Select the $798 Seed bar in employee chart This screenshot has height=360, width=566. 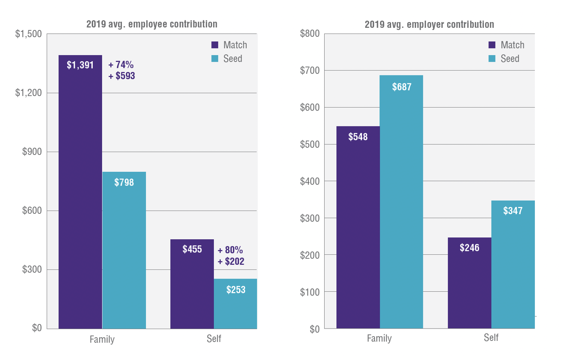(124, 250)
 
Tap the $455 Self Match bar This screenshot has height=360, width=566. (192, 284)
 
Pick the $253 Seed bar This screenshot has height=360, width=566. (236, 304)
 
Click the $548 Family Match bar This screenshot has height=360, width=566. (358, 227)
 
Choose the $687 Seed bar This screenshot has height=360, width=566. (401, 202)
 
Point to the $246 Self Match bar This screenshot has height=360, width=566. (470, 283)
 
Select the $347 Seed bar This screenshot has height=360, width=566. (513, 264)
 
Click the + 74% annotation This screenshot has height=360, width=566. (121, 64)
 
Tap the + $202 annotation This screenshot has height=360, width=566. (231, 261)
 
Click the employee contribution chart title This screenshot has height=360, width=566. (152, 24)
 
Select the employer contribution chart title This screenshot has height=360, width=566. (429, 24)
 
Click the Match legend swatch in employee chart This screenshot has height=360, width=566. (215, 45)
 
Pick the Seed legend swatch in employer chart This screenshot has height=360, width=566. (492, 58)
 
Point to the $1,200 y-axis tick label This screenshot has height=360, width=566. (29, 93)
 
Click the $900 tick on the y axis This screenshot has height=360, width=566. (32, 151)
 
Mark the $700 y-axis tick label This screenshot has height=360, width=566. (310, 70)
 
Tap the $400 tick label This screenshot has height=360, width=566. (310, 181)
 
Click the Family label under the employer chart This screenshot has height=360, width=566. (379, 338)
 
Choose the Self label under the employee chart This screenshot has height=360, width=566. (214, 339)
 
